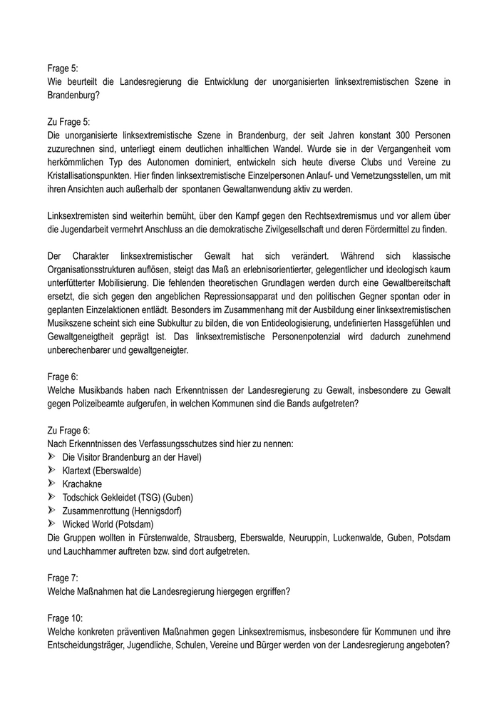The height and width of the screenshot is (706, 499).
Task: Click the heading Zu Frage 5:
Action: click(69, 122)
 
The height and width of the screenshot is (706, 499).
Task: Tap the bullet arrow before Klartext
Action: click(52, 471)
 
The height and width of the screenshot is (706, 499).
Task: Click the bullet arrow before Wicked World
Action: click(52, 524)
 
